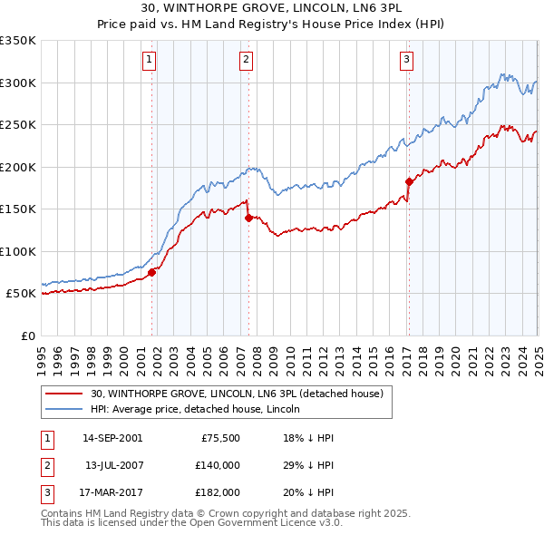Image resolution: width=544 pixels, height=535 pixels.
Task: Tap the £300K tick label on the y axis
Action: coord(18,83)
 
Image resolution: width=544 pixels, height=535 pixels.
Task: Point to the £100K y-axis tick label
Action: coord(18,251)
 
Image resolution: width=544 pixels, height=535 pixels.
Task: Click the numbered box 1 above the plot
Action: coord(148,61)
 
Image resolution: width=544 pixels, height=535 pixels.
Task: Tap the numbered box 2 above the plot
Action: coord(246,61)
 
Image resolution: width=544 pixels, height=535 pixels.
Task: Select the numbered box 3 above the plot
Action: coord(407,61)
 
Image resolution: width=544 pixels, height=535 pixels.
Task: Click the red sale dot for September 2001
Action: coord(152,272)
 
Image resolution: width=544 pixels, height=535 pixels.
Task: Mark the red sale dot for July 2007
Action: coord(248,218)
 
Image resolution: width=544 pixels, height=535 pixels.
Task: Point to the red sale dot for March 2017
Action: coord(409,181)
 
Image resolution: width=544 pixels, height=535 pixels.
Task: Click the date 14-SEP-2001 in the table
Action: coord(112,438)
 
